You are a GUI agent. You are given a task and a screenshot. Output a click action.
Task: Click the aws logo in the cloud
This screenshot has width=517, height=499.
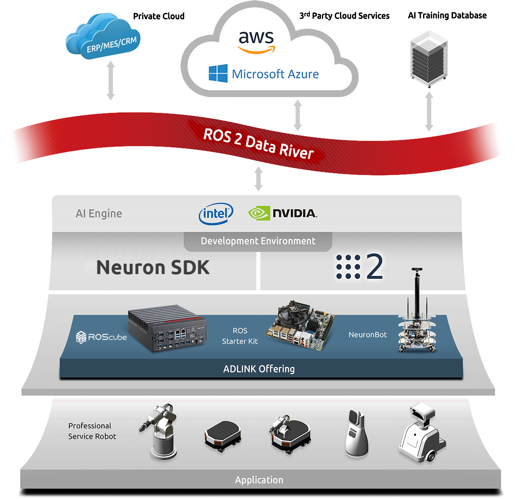point(256,42)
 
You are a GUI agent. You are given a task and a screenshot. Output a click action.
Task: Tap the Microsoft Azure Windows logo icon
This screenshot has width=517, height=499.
point(218,73)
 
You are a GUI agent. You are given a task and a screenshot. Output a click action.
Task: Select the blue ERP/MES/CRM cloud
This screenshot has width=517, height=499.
point(103,36)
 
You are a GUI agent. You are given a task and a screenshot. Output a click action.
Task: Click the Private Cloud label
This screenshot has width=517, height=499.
point(159,16)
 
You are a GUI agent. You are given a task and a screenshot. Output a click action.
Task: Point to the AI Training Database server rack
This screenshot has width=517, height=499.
point(429,59)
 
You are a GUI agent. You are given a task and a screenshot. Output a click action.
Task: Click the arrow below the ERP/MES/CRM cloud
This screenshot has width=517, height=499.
point(111,80)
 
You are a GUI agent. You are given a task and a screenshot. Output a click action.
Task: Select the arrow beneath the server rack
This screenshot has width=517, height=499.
point(429,111)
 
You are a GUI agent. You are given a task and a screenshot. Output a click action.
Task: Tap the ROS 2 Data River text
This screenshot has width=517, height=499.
point(258,143)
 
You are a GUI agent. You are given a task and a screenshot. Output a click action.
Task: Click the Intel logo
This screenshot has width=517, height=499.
point(216,214)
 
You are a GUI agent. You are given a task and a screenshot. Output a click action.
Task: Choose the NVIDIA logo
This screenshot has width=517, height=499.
point(282,213)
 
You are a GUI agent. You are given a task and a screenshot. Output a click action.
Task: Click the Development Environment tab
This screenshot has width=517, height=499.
point(258,241)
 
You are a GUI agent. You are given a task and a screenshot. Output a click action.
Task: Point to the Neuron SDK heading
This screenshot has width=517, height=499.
point(153,267)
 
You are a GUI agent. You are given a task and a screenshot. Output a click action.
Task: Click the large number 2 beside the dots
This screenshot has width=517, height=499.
point(374,266)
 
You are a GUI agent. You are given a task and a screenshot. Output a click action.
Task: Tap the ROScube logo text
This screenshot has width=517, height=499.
point(101,337)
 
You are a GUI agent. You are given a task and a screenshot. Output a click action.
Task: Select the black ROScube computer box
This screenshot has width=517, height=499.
point(167,328)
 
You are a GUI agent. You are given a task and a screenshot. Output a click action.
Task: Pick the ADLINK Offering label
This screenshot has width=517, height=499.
point(259,369)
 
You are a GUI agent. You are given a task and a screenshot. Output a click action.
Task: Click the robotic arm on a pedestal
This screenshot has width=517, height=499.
point(160,432)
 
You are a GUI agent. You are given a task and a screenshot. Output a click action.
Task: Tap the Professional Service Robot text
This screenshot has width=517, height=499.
point(92,431)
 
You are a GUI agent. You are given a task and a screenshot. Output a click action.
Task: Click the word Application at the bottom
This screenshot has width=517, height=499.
point(259,480)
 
